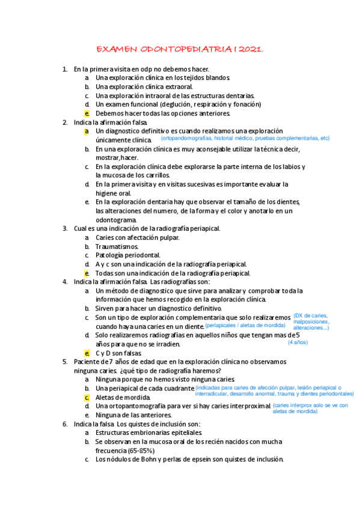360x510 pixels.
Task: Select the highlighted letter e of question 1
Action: [87, 113]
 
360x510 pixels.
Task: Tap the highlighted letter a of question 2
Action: [87, 131]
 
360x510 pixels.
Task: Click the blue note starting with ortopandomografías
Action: [245, 138]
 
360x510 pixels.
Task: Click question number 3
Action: [65, 229]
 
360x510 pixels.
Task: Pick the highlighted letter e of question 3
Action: [87, 273]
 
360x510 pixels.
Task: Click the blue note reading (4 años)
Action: [297, 342]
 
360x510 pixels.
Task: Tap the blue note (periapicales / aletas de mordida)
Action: [245, 325]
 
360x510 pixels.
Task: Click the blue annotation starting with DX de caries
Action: [311, 321]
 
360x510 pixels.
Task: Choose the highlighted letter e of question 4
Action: [87, 353]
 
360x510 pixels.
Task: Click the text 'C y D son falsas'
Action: [118, 353]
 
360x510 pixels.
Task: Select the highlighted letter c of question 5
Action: [87, 398]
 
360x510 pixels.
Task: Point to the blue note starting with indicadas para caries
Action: [276, 391]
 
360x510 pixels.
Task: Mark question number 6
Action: [65, 424]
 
